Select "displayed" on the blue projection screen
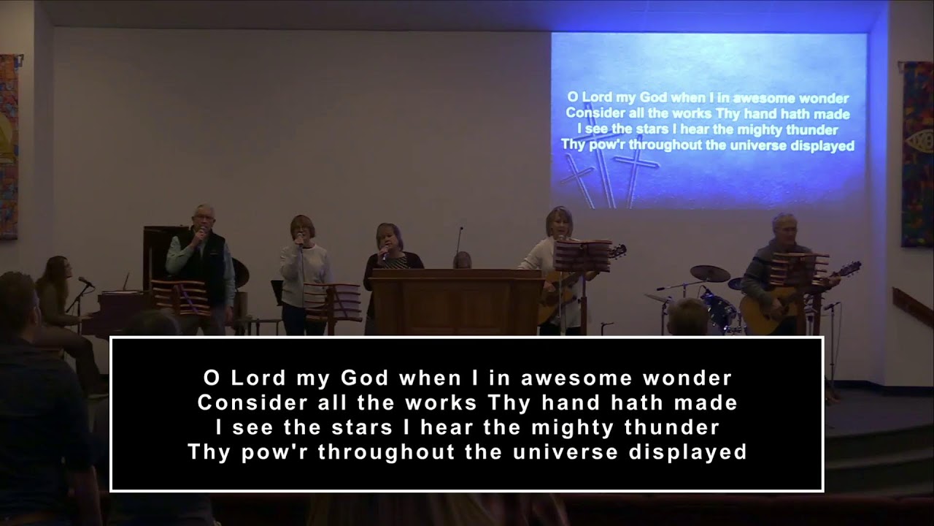pyautogui.click(x=817, y=145)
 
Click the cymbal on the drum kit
pyautogui.click(x=709, y=273)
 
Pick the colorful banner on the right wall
pyautogui.click(x=917, y=153)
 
